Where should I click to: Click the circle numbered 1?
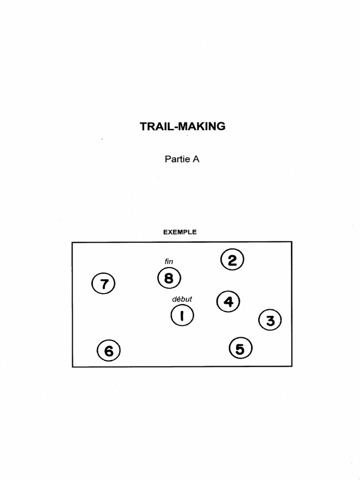click(x=182, y=316)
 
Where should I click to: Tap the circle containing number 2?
click(x=232, y=260)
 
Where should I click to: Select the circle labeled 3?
click(x=270, y=321)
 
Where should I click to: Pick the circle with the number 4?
click(x=228, y=301)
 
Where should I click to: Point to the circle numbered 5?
click(x=240, y=349)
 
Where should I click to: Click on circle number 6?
click(x=109, y=351)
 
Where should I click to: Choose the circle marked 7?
click(x=104, y=284)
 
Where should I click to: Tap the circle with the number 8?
click(x=169, y=278)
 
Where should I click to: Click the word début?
click(x=182, y=299)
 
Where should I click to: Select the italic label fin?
click(x=169, y=261)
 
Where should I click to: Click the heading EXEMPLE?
click(x=180, y=232)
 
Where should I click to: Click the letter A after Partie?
click(x=196, y=159)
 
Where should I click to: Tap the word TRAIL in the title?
click(x=155, y=127)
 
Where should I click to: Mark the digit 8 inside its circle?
click(x=169, y=278)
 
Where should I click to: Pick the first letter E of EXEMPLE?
click(x=165, y=232)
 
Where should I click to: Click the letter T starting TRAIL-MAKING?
click(x=143, y=127)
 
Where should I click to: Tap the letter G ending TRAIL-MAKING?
click(x=222, y=127)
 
